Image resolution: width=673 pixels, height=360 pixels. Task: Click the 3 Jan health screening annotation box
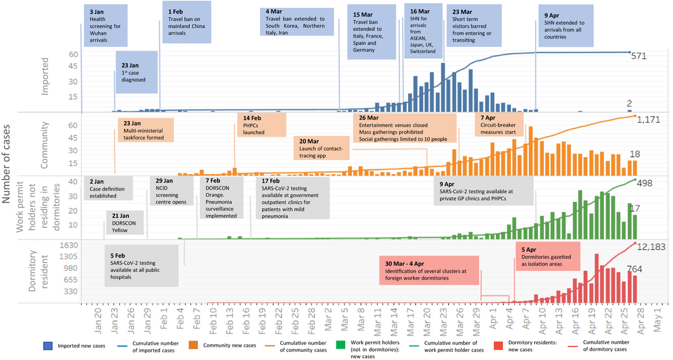pos(105,26)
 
